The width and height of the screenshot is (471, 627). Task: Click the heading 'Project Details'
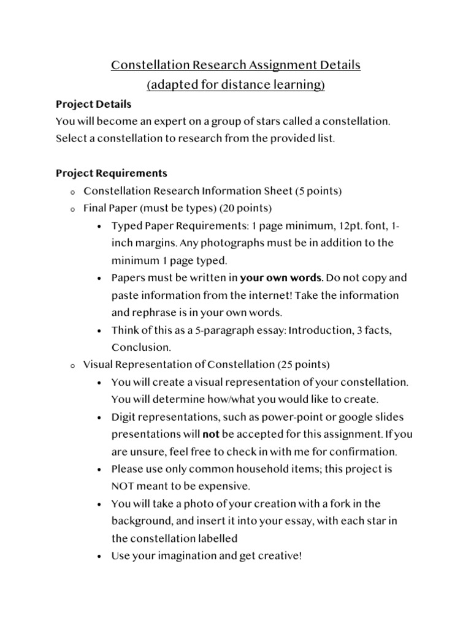pos(93,104)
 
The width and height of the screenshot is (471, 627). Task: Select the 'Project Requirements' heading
pos(111,173)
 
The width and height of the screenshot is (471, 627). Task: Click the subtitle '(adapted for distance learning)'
pos(235,85)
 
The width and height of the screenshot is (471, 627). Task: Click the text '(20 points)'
pos(249,208)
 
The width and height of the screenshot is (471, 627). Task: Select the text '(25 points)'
pos(304,364)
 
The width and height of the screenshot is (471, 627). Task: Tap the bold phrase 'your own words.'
pos(281,278)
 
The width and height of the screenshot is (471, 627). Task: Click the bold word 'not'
pos(211,435)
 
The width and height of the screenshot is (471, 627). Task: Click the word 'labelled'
pos(218,539)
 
